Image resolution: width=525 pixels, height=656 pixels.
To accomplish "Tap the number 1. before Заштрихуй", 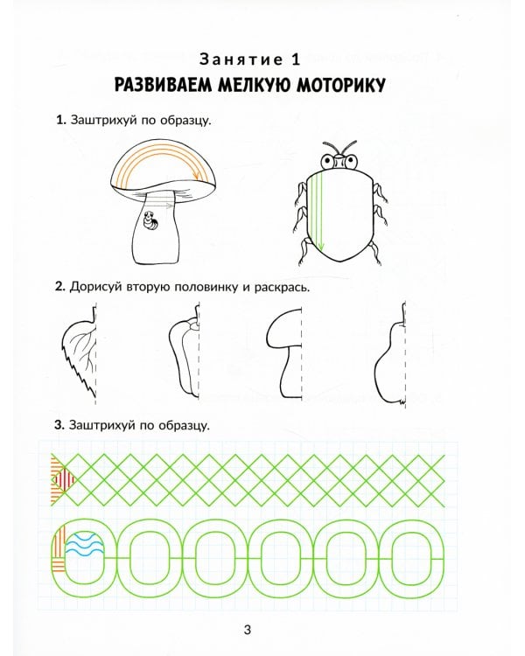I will pyautogui.click(x=59, y=121).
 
